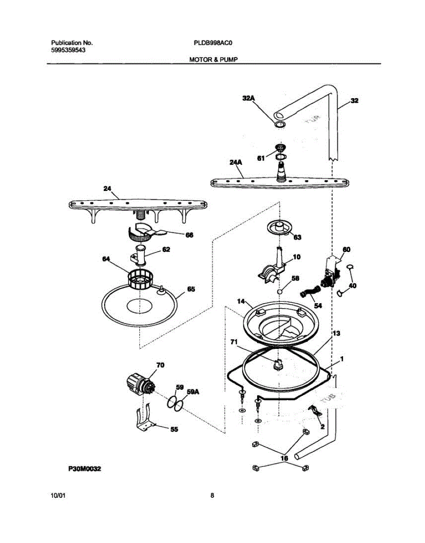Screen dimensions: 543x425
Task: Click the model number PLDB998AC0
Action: click(x=214, y=43)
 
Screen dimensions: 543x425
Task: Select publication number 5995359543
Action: click(x=68, y=50)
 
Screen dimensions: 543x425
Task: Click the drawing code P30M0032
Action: click(x=85, y=470)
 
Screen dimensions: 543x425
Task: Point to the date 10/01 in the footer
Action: click(x=58, y=495)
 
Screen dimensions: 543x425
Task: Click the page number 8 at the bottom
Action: click(x=212, y=495)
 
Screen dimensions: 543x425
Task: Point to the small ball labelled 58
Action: click(x=280, y=291)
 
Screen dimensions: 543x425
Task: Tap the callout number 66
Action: click(x=189, y=235)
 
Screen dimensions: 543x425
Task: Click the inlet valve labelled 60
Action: click(x=331, y=274)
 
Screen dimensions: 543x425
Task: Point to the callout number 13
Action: click(x=336, y=333)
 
